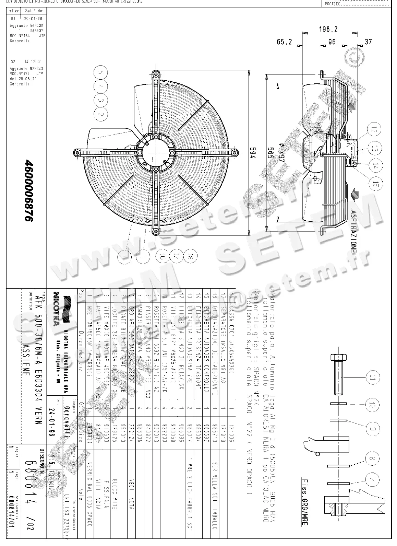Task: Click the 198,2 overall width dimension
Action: point(328,30)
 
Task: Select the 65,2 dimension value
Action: point(285,42)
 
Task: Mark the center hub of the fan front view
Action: point(156,153)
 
